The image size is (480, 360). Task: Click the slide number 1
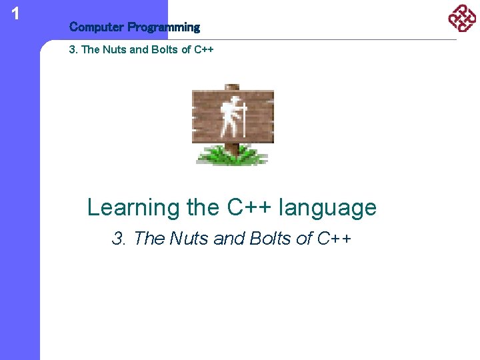(x=15, y=13)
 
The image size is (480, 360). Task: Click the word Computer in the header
(x=97, y=27)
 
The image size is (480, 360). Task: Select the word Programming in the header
(x=163, y=27)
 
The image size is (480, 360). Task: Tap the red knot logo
(x=462, y=18)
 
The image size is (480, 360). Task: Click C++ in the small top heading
(x=204, y=50)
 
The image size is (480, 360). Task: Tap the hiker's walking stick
(x=245, y=120)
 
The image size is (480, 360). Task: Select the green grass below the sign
(x=231, y=156)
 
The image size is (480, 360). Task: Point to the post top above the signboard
(x=231, y=87)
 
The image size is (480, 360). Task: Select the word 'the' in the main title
(x=202, y=207)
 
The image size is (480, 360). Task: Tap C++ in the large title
(x=248, y=207)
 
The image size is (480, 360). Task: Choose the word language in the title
(x=327, y=208)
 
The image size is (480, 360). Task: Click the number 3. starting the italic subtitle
(x=120, y=239)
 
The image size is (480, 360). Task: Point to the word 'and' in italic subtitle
(x=229, y=239)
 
